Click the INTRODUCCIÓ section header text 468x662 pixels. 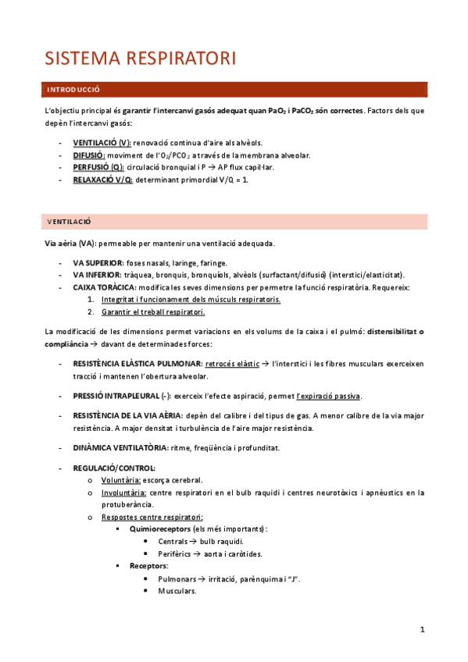pyautogui.click(x=73, y=90)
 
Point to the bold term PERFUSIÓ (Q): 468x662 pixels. pyautogui.click(x=98, y=167)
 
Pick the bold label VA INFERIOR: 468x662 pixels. pyautogui.click(x=97, y=275)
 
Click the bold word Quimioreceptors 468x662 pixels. pyautogui.click(x=162, y=529)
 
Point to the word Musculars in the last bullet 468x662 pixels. pyautogui.click(x=177, y=591)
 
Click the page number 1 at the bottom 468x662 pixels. pyautogui.click(x=422, y=629)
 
